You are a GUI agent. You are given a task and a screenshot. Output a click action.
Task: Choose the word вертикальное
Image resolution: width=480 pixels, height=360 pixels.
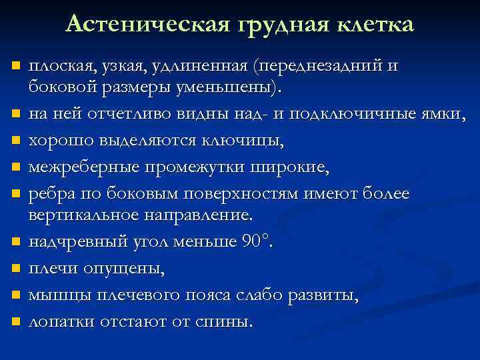coord(85,215)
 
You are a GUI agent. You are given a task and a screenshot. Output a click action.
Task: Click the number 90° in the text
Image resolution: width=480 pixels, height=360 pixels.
coord(256,241)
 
